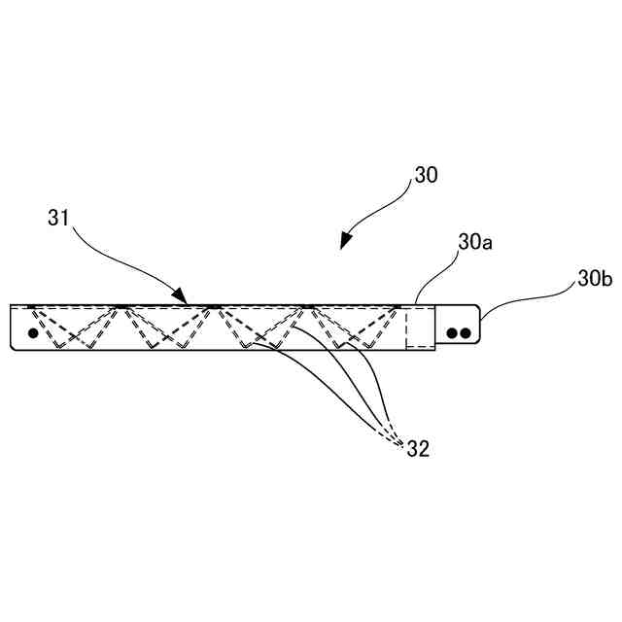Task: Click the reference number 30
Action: [x=426, y=176]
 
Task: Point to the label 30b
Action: [x=593, y=279]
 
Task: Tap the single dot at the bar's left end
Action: [x=33, y=332]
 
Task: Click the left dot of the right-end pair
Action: [x=453, y=332]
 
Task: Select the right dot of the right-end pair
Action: [x=466, y=332]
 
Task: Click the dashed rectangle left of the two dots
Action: [x=420, y=327]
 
